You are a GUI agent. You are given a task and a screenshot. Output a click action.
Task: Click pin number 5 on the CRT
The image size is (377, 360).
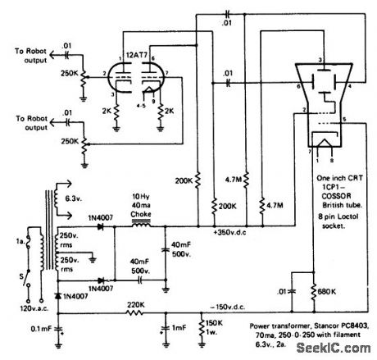coord(343,121)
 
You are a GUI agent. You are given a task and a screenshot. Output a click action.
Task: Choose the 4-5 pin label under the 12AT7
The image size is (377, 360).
coord(143,104)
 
